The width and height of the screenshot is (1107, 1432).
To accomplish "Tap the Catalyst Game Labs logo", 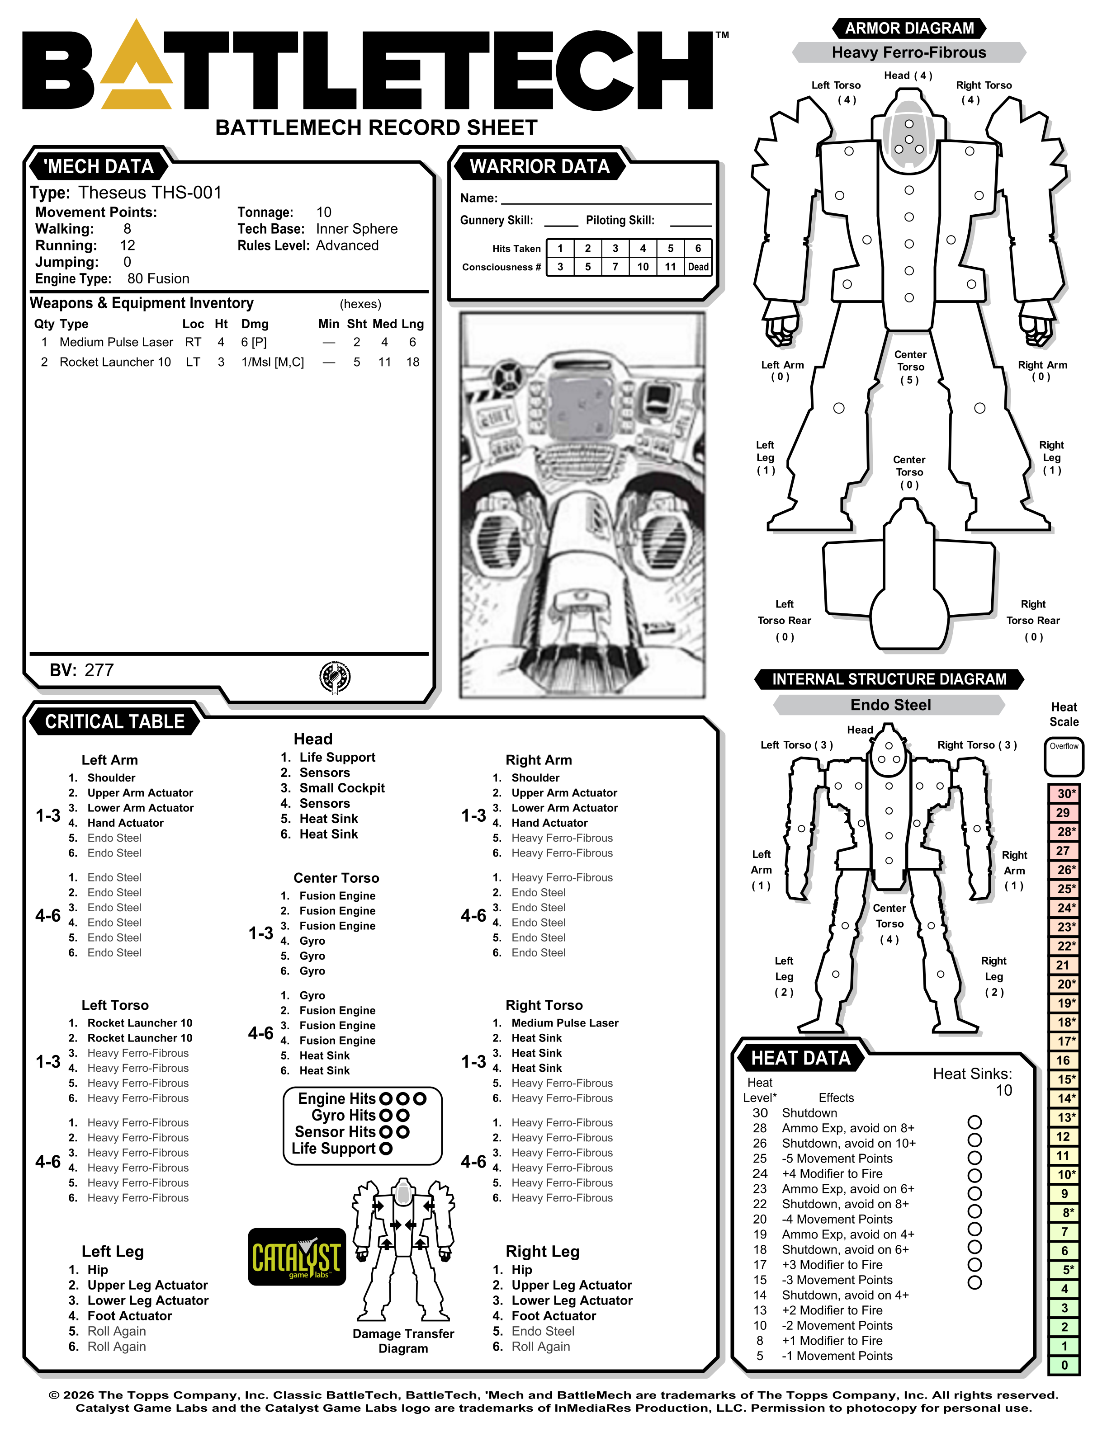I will pos(297,1256).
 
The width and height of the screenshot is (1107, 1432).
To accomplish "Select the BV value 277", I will pos(99,670).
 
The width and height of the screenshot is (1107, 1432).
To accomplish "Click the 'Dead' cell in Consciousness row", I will pos(698,267).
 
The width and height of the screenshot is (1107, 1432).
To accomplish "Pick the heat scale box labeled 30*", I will pos(1064,793).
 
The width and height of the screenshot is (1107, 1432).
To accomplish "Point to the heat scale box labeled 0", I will pos(1064,1365).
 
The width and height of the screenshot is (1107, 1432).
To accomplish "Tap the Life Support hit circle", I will pos(386,1149).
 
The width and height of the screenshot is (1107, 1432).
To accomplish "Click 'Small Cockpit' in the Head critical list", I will pos(342,788).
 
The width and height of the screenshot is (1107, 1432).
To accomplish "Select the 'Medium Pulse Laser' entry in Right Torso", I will pos(565,1023).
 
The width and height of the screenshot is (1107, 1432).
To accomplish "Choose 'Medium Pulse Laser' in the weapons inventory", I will pos(116,342).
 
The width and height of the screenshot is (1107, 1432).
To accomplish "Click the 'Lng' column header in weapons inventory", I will pos(412,324).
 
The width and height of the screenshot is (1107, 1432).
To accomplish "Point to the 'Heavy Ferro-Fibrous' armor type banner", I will pos(908,52).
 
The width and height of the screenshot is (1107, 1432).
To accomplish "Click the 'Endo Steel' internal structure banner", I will pos(890,705).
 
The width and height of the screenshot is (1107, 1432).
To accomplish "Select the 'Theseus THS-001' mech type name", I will pos(150,193).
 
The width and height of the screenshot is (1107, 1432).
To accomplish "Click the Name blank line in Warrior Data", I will pos(606,199).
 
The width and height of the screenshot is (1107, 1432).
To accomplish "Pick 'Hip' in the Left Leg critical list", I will pos(98,1270).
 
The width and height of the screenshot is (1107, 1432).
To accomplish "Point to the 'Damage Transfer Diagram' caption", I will pos(403,1341).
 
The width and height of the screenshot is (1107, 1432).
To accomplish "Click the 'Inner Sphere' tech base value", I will pos(357,229).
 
